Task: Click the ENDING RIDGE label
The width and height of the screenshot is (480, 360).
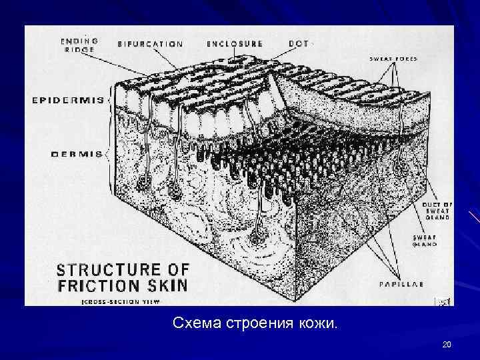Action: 79,45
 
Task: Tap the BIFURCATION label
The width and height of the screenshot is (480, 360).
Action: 150,44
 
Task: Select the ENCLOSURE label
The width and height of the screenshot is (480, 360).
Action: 235,44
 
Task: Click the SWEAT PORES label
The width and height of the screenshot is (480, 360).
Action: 393,59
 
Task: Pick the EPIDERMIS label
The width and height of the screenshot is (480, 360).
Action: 67,101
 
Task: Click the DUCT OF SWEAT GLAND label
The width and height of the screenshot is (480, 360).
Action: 437,210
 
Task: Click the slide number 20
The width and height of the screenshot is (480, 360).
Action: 447,344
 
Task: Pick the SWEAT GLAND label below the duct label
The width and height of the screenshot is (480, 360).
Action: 423,241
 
